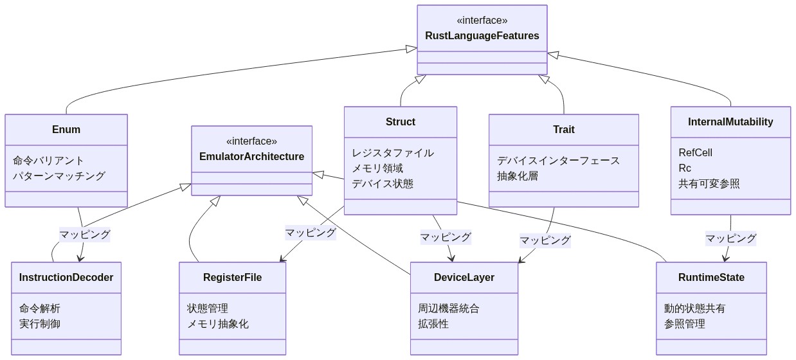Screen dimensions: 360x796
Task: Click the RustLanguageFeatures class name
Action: pyautogui.click(x=482, y=35)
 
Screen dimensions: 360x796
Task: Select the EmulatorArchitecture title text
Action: pyautogui.click(x=251, y=156)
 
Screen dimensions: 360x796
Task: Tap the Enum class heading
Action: pyautogui.click(x=66, y=129)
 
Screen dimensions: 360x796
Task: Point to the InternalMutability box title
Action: pyautogui.click(x=730, y=122)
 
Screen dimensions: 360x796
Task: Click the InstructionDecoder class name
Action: pyautogui.click(x=66, y=277)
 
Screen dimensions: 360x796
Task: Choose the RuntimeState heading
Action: pyautogui.click(x=711, y=277)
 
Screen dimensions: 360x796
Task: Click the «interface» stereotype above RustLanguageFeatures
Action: pyautogui.click(x=482, y=20)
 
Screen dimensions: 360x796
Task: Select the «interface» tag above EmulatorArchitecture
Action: pyautogui.click(x=251, y=141)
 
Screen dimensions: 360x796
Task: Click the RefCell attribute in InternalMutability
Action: pyautogui.click(x=695, y=152)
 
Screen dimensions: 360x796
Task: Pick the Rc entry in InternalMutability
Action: pyautogui.click(x=685, y=168)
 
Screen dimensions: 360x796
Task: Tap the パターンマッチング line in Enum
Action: pyautogui.click(x=59, y=175)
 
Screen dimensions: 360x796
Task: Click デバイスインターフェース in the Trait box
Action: pyautogui.click(x=558, y=160)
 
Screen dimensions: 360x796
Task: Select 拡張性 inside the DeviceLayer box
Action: pyautogui.click(x=433, y=323)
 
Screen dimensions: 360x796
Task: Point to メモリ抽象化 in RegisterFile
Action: pyautogui.click(x=217, y=323)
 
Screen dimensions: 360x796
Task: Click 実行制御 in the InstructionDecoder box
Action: pyautogui.click(x=40, y=323)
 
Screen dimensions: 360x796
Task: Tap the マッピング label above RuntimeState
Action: pyautogui.click(x=730, y=238)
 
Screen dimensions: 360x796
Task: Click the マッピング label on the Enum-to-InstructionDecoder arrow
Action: pyautogui.click(x=85, y=234)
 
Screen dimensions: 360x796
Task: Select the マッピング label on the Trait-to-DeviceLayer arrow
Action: pyautogui.click(x=545, y=240)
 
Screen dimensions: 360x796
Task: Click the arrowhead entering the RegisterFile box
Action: pyautogui.click(x=281, y=259)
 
